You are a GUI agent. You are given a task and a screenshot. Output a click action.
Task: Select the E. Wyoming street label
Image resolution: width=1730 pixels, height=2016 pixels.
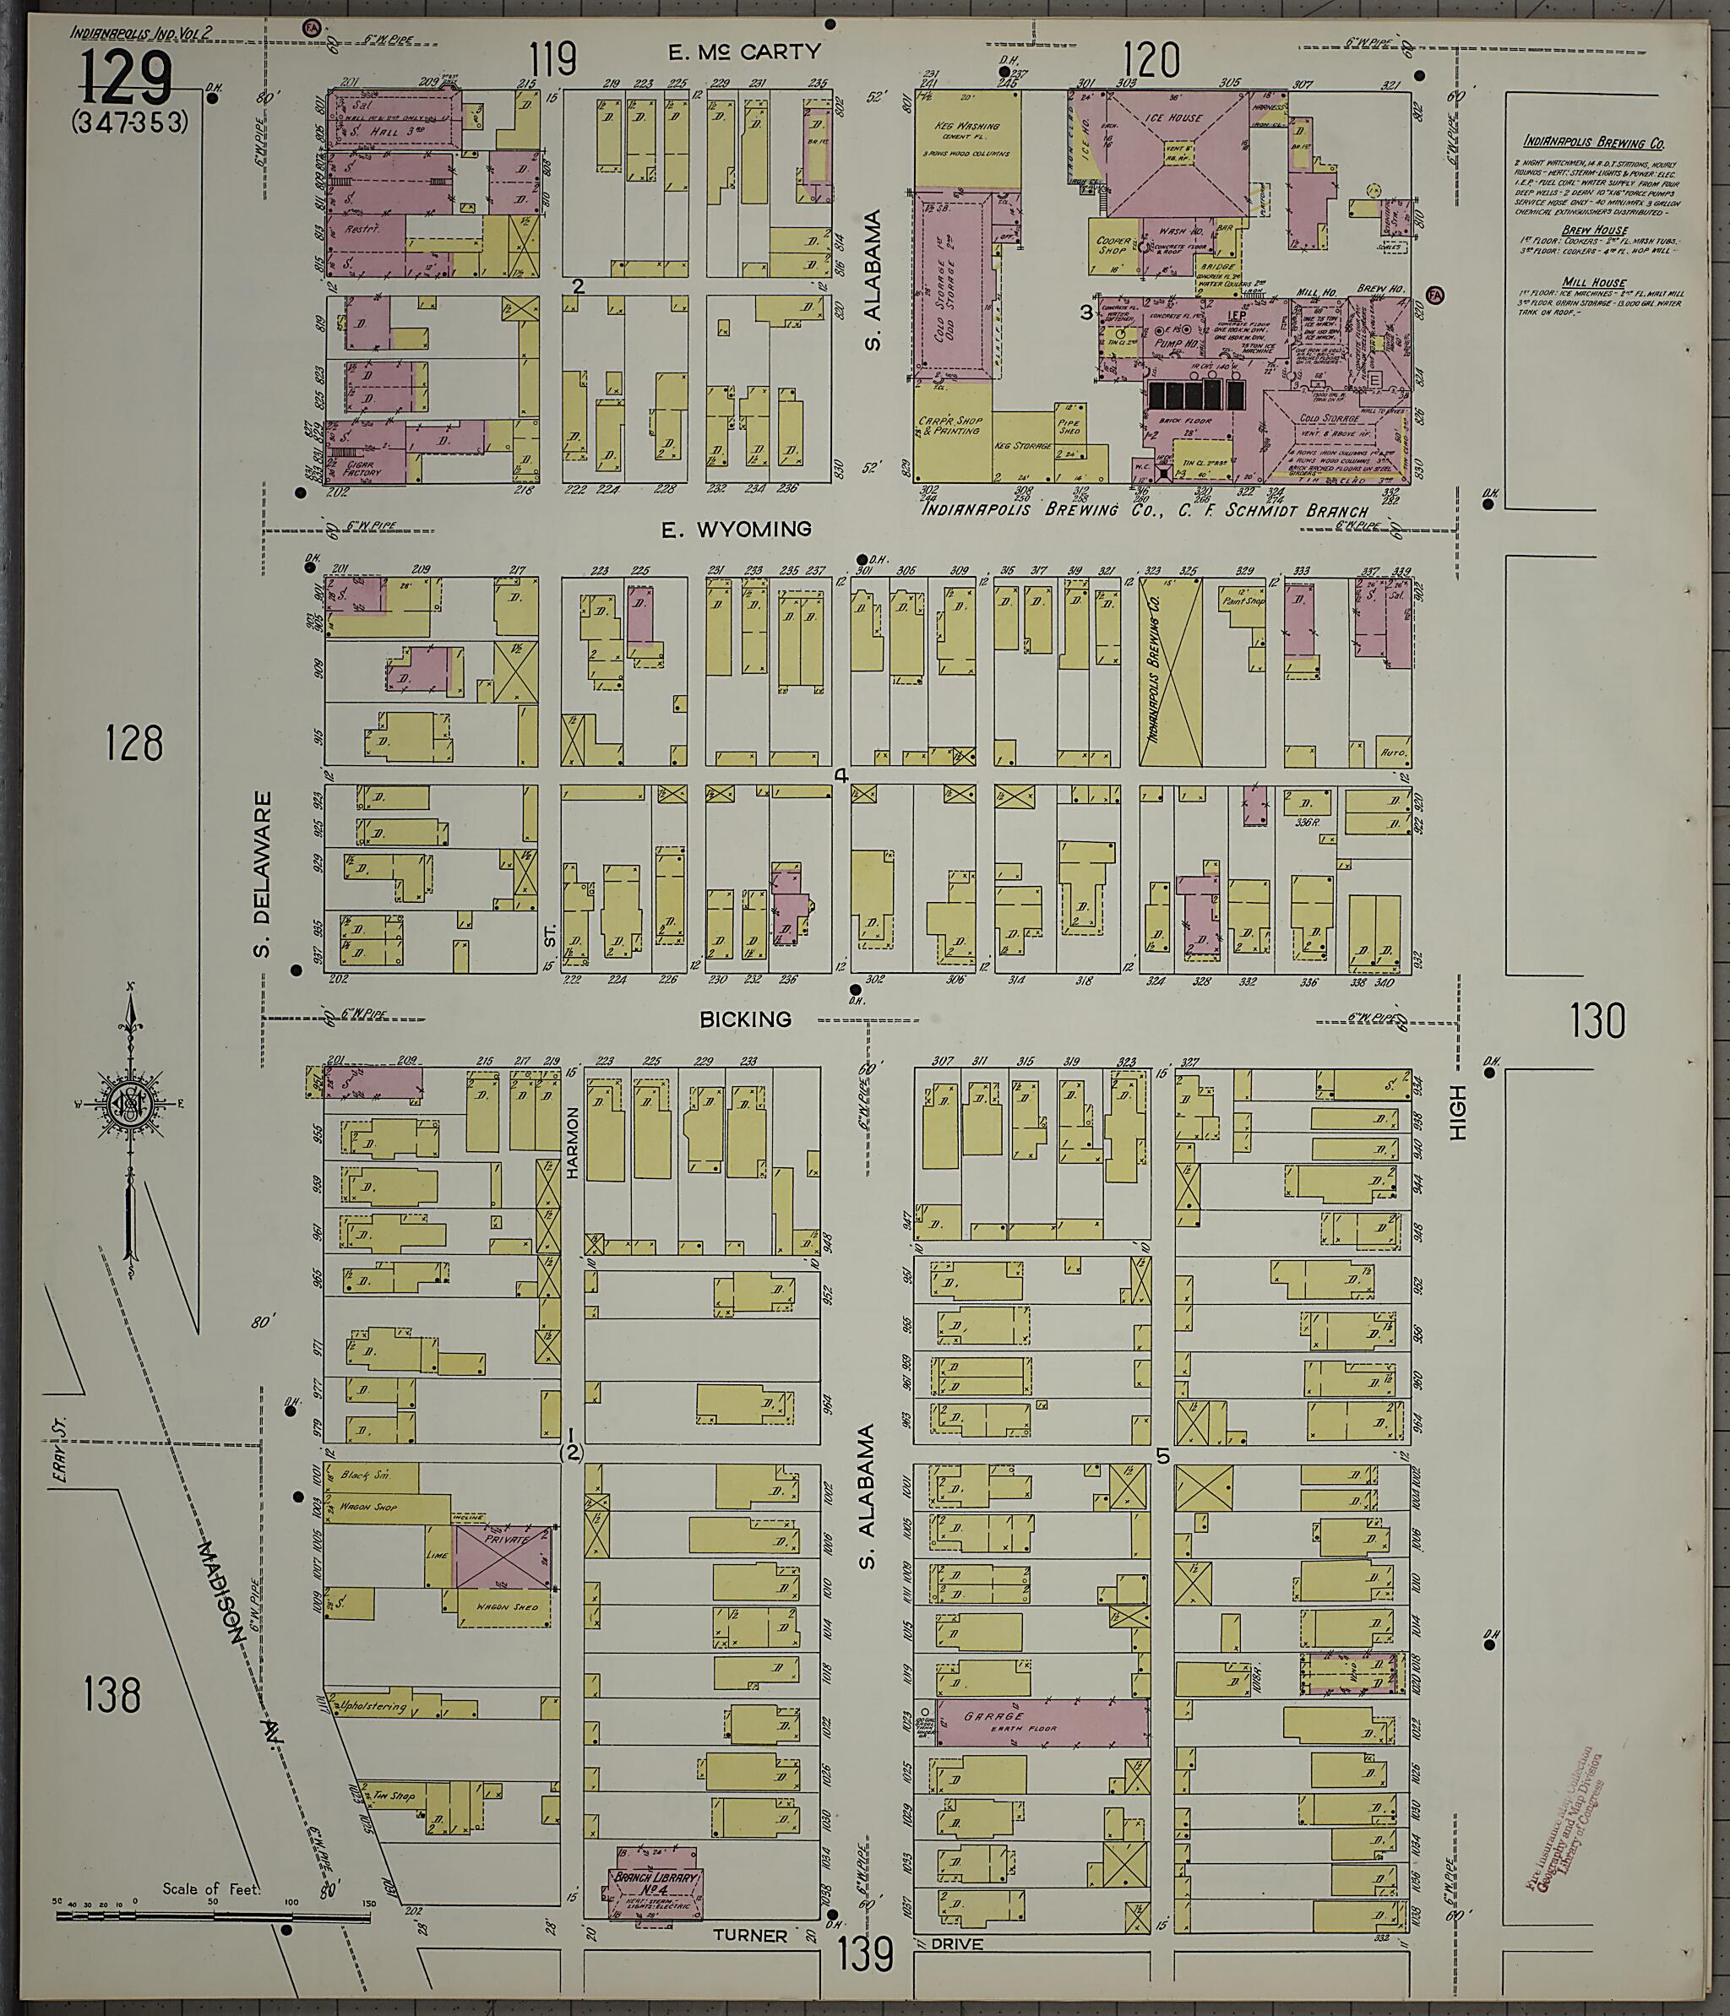pos(736,530)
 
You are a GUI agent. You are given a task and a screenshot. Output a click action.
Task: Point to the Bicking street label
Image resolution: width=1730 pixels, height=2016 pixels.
pos(745,1019)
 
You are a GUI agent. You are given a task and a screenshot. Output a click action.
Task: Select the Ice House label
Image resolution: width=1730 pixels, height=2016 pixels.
pos(1179,117)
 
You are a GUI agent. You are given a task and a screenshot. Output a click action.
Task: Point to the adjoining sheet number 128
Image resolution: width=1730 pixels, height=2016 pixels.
pos(134,745)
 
